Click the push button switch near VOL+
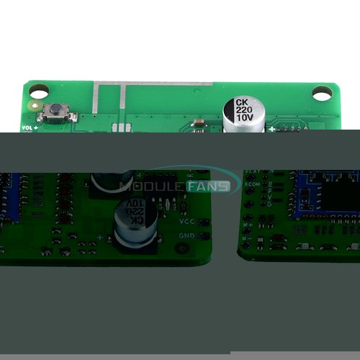point(55,112)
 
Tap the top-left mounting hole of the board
point(39,91)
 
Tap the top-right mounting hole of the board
point(322,92)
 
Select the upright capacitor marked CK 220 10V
point(240,115)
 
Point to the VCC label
point(186,221)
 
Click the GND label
point(186,235)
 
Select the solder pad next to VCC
point(204,221)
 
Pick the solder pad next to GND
point(204,235)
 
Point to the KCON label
point(253,184)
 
